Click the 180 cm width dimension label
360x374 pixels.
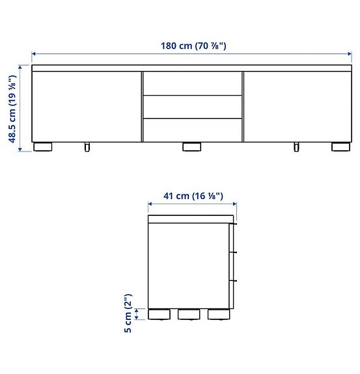pyautogui.click(x=193, y=46)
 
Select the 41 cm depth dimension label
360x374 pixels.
pyautogui.click(x=193, y=195)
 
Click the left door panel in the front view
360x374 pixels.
pyautogui.click(x=87, y=105)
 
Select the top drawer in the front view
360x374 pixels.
pyautogui.click(x=192, y=84)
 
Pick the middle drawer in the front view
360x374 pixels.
pyautogui.click(x=192, y=107)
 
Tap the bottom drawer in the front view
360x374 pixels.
pyautogui.click(x=192, y=129)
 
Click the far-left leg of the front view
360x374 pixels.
pyautogui.click(x=43, y=147)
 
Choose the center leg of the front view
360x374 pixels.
pyautogui.click(x=192, y=147)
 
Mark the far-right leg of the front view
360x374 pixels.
pyautogui.click(x=340, y=147)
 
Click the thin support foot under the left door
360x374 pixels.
pyautogui.click(x=87, y=147)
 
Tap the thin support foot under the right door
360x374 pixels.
pyautogui.click(x=296, y=147)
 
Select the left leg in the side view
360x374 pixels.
pyautogui.click(x=158, y=315)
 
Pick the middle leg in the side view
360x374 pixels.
pyautogui.click(x=188, y=315)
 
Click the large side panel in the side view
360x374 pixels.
pyautogui.click(x=189, y=263)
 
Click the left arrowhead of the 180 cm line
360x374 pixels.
pyautogui.click(x=35, y=55)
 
